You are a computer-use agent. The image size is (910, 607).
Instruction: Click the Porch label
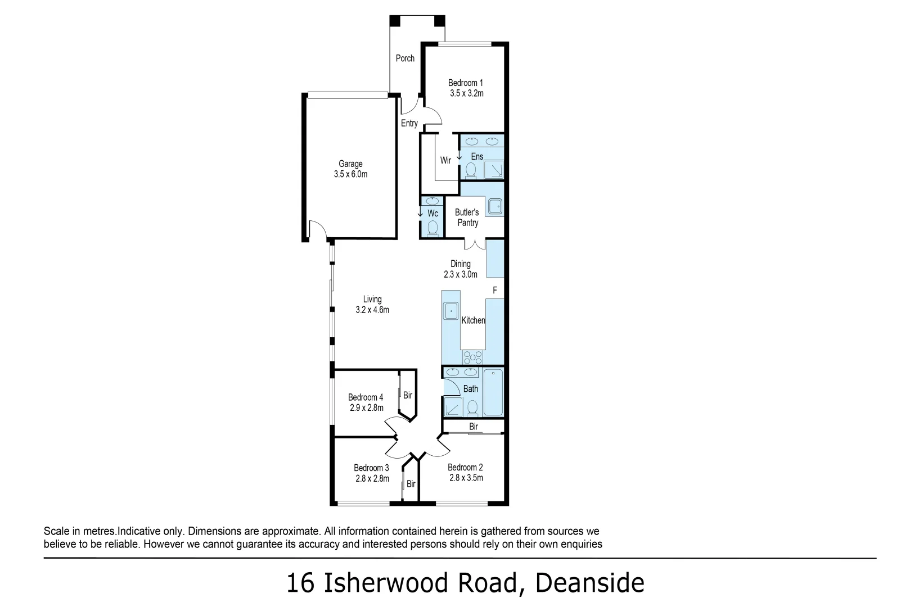point(405,58)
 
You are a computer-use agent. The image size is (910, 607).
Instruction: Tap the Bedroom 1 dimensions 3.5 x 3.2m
point(466,94)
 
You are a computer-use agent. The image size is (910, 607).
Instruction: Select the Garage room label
point(350,164)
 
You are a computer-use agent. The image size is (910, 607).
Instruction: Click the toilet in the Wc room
point(433,228)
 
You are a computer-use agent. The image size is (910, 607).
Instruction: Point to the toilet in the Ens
point(471,169)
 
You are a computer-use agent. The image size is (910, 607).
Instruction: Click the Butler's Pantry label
point(467,218)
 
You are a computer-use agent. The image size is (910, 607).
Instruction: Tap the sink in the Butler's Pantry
point(495,207)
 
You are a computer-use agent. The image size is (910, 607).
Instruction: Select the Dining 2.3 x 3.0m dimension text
point(460,275)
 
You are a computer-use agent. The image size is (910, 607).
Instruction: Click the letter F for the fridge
point(495,291)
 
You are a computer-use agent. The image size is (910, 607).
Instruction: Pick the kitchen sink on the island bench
point(451,311)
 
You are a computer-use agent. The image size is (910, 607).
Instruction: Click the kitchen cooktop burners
point(473,357)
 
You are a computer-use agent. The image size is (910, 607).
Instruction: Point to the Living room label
point(372,300)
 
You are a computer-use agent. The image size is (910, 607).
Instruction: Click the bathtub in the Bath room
point(493,392)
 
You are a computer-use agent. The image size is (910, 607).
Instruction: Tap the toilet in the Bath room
point(472,406)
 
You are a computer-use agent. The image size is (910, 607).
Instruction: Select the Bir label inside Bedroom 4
point(408,395)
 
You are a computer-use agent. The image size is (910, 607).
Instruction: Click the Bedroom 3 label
point(371,468)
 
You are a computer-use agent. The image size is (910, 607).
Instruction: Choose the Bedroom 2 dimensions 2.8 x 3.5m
point(466,478)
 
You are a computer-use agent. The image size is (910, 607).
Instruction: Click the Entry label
point(409,124)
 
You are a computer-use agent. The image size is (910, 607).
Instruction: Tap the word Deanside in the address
point(589,583)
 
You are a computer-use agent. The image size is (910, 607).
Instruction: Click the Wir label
point(445,161)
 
